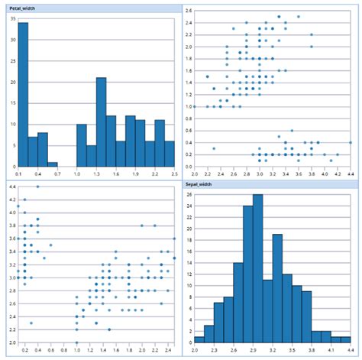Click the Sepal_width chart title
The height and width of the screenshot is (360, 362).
click(x=199, y=185)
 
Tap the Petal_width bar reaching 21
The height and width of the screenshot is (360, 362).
click(x=101, y=122)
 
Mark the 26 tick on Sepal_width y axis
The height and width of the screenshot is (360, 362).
click(x=189, y=195)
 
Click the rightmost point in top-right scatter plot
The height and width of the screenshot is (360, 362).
click(x=351, y=142)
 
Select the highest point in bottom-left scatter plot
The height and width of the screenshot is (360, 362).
click(x=37, y=186)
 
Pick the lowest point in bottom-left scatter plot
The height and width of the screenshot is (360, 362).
click(x=77, y=342)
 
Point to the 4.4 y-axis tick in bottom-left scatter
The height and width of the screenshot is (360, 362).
click(x=11, y=186)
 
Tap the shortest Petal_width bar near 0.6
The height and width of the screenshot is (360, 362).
click(x=53, y=164)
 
